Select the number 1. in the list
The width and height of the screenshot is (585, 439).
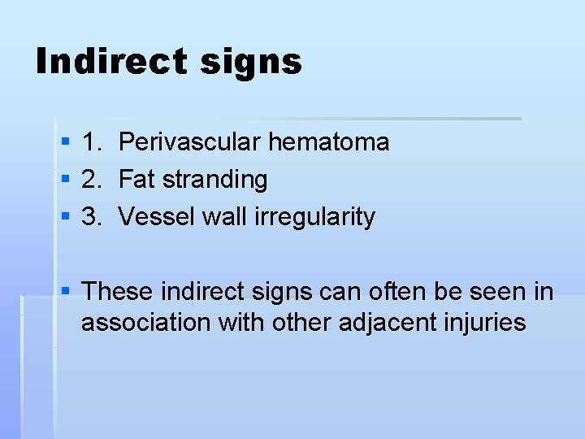pos(92,142)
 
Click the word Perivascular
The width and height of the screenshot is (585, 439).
pos(191,142)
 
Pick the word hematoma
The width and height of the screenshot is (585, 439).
pos(329,142)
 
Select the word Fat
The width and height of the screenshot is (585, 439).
pos(136,180)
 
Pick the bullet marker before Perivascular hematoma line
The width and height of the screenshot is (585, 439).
pos(66,143)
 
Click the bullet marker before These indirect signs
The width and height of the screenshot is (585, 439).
pos(66,291)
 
